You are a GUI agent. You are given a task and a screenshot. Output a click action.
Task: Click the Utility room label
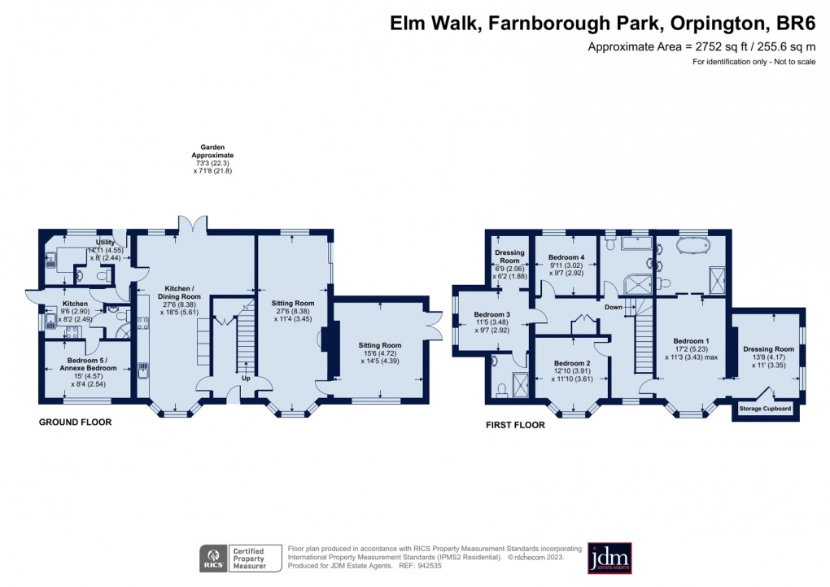(x=106, y=242)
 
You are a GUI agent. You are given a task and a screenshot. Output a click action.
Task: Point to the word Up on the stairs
(x=246, y=378)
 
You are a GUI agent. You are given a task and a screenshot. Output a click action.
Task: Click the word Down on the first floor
(x=613, y=307)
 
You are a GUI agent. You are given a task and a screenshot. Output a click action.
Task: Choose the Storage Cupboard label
(x=765, y=408)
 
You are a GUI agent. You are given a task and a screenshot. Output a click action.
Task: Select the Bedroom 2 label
(x=571, y=363)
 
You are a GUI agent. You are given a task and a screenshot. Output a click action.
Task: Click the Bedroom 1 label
(x=691, y=340)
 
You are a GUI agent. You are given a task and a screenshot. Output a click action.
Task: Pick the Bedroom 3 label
(x=492, y=314)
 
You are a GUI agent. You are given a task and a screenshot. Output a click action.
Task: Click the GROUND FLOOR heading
(x=76, y=423)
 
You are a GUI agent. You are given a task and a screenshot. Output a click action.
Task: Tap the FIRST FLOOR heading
(x=515, y=424)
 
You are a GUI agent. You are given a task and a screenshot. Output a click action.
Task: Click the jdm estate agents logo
(x=609, y=558)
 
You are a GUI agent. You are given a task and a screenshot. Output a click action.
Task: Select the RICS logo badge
(x=214, y=559)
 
